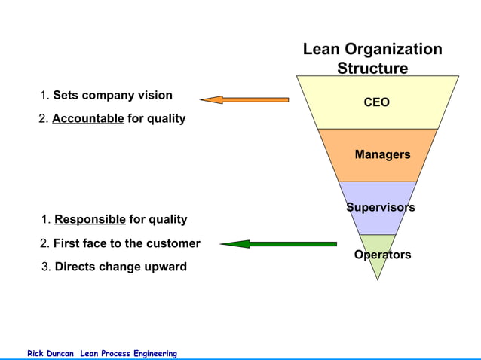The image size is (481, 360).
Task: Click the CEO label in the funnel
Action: (x=377, y=102)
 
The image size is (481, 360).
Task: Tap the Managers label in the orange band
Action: (x=382, y=154)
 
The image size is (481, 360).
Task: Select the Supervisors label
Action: (x=380, y=207)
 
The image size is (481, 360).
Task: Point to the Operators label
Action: (x=382, y=255)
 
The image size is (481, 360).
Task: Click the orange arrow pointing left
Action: (x=244, y=99)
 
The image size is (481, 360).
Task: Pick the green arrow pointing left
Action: (x=278, y=243)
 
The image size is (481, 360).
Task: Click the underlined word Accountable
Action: (x=88, y=119)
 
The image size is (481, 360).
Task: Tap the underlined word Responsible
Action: (x=90, y=219)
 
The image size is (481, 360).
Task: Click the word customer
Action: (x=174, y=243)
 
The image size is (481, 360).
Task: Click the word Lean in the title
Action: (x=322, y=50)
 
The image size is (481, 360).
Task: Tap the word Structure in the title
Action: (x=372, y=69)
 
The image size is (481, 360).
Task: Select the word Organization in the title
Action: (x=394, y=50)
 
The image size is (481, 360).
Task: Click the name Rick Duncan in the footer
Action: (x=51, y=354)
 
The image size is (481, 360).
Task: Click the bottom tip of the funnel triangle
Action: (x=377, y=279)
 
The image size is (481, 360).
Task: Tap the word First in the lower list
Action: (x=68, y=243)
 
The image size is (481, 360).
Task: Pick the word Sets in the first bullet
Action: (x=65, y=96)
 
